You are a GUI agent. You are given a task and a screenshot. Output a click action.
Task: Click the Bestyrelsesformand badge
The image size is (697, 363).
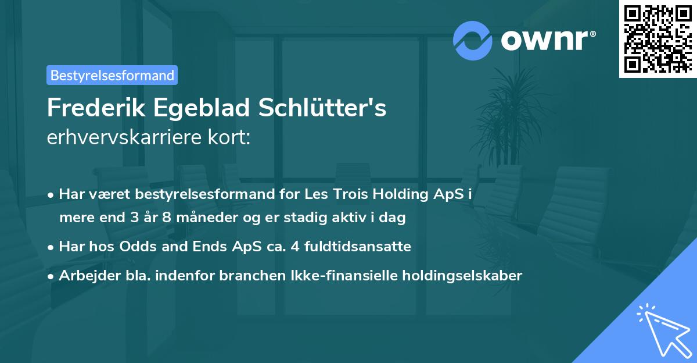pos(112,75)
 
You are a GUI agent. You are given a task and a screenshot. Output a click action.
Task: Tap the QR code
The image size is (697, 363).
pos(657,38)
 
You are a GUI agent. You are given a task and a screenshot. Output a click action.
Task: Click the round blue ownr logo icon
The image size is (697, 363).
pos(473,40)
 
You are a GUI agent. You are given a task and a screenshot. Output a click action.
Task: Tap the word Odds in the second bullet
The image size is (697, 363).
pos(137,247)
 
